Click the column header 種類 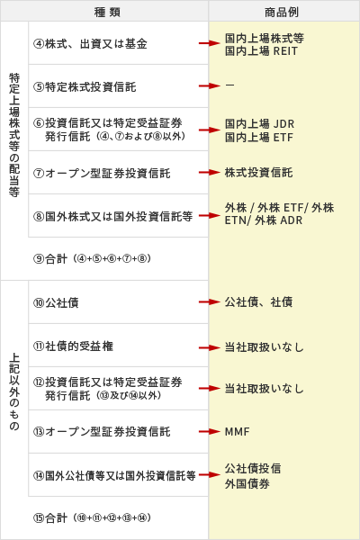107,13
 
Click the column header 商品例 282,13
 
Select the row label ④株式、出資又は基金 90,44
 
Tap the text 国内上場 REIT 261,51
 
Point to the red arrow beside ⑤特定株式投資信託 209,85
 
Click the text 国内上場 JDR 259,123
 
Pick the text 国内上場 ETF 258,137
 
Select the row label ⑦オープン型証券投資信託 102,173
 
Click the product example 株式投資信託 258,173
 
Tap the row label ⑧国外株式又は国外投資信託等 113,217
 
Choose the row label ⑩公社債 56,303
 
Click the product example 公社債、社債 258,302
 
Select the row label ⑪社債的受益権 73,346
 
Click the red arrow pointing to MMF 209,431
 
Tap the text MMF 237,431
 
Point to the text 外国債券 247,484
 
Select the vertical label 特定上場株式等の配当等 14,135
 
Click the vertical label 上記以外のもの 14,391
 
